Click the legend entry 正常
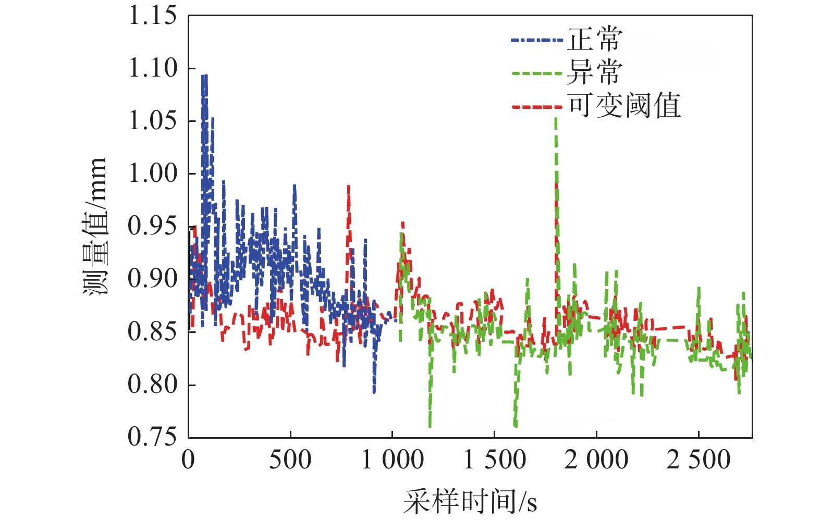click(595, 40)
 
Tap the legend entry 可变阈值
click(624, 106)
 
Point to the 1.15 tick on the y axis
click(153, 16)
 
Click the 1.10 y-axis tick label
click(153, 68)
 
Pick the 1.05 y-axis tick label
click(153, 121)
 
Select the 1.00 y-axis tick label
click(153, 174)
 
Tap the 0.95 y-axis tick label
click(153, 227)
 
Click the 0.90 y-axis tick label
click(153, 279)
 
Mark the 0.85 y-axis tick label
click(153, 332)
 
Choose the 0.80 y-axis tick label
click(153, 385)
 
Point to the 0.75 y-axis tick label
click(153, 437)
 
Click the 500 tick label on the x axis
click(290, 460)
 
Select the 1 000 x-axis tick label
click(393, 460)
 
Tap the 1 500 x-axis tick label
click(494, 460)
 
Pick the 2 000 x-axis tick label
click(596, 460)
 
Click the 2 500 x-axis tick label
click(699, 460)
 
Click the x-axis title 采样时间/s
click(470, 502)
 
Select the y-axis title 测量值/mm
click(95, 226)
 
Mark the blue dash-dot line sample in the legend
click(537, 40)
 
